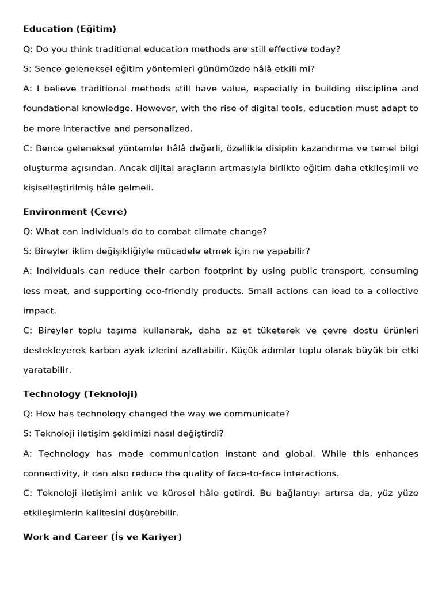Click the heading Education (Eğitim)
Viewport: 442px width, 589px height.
point(70,29)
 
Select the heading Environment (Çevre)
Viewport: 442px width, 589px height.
point(75,212)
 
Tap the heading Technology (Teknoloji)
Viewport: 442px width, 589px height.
point(80,394)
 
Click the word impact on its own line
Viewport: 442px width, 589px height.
point(39,311)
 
